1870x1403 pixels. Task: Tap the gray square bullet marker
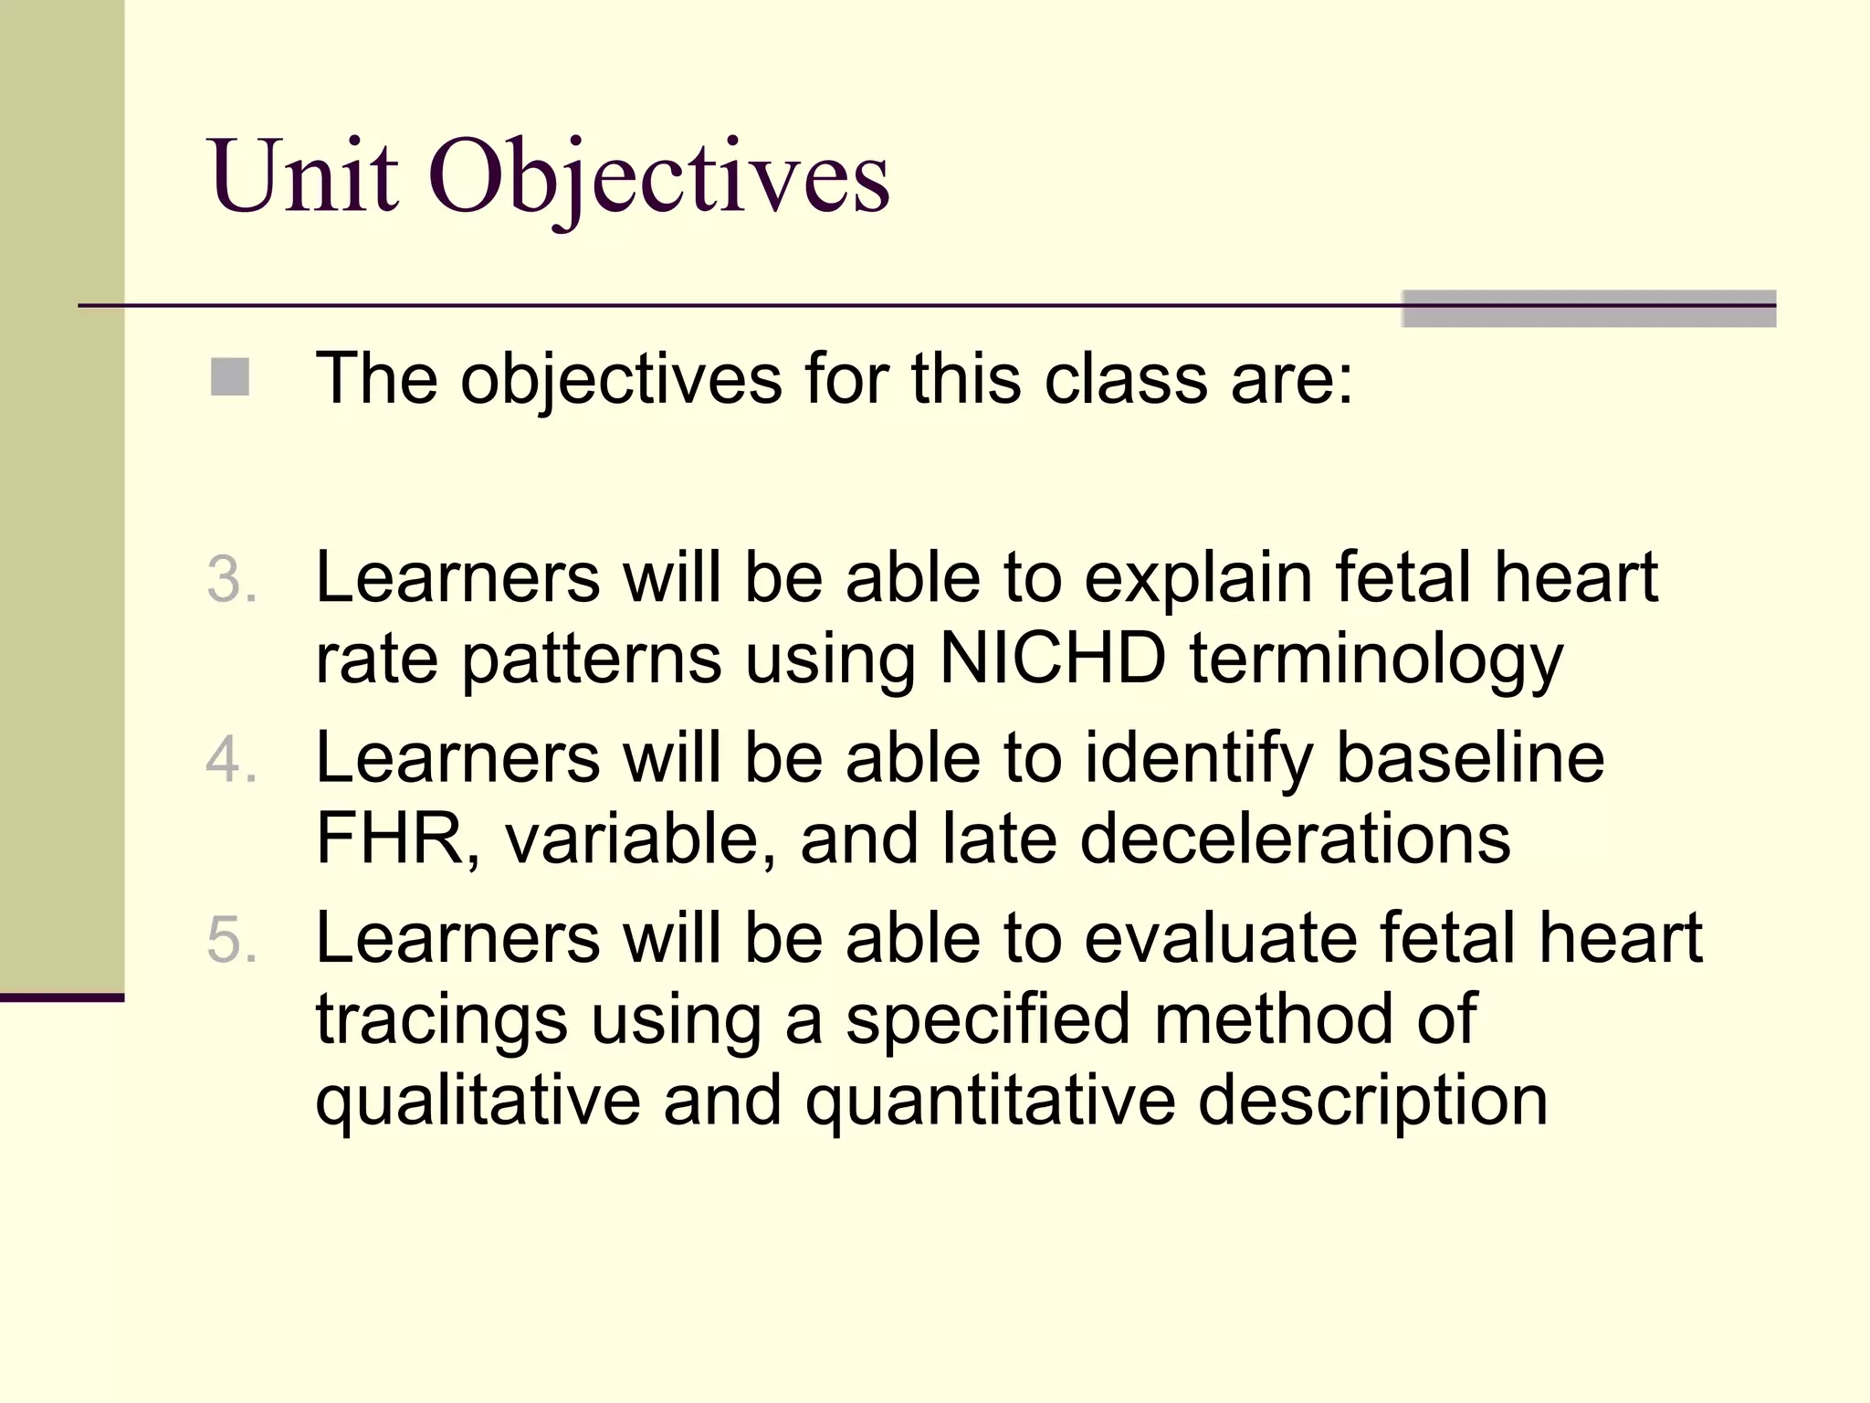[x=230, y=377]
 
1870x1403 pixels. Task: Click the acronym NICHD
[x=1053, y=658]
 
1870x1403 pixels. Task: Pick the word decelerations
[x=1295, y=839]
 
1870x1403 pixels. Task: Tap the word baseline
[x=1470, y=758]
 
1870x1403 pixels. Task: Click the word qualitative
[x=478, y=1102]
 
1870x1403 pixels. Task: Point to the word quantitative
[x=990, y=1102]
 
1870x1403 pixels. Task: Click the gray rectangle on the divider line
[x=1588, y=309]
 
